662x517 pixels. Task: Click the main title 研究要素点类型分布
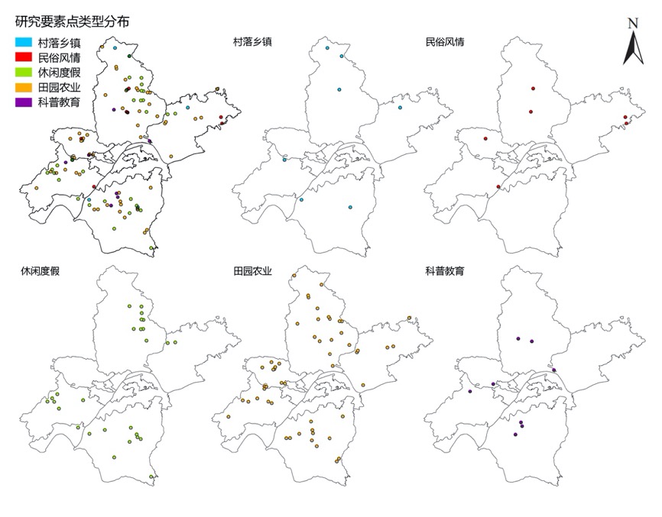click(x=72, y=21)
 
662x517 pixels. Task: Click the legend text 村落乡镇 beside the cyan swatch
click(x=60, y=43)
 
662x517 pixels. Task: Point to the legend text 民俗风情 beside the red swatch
click(x=60, y=57)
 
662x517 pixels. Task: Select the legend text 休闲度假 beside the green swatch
click(x=60, y=72)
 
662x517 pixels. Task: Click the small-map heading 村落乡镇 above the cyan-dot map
click(x=254, y=42)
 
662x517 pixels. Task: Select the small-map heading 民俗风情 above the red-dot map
click(x=445, y=42)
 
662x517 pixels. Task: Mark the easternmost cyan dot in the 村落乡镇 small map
click(x=400, y=108)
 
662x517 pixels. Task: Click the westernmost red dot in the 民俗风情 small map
click(x=485, y=139)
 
